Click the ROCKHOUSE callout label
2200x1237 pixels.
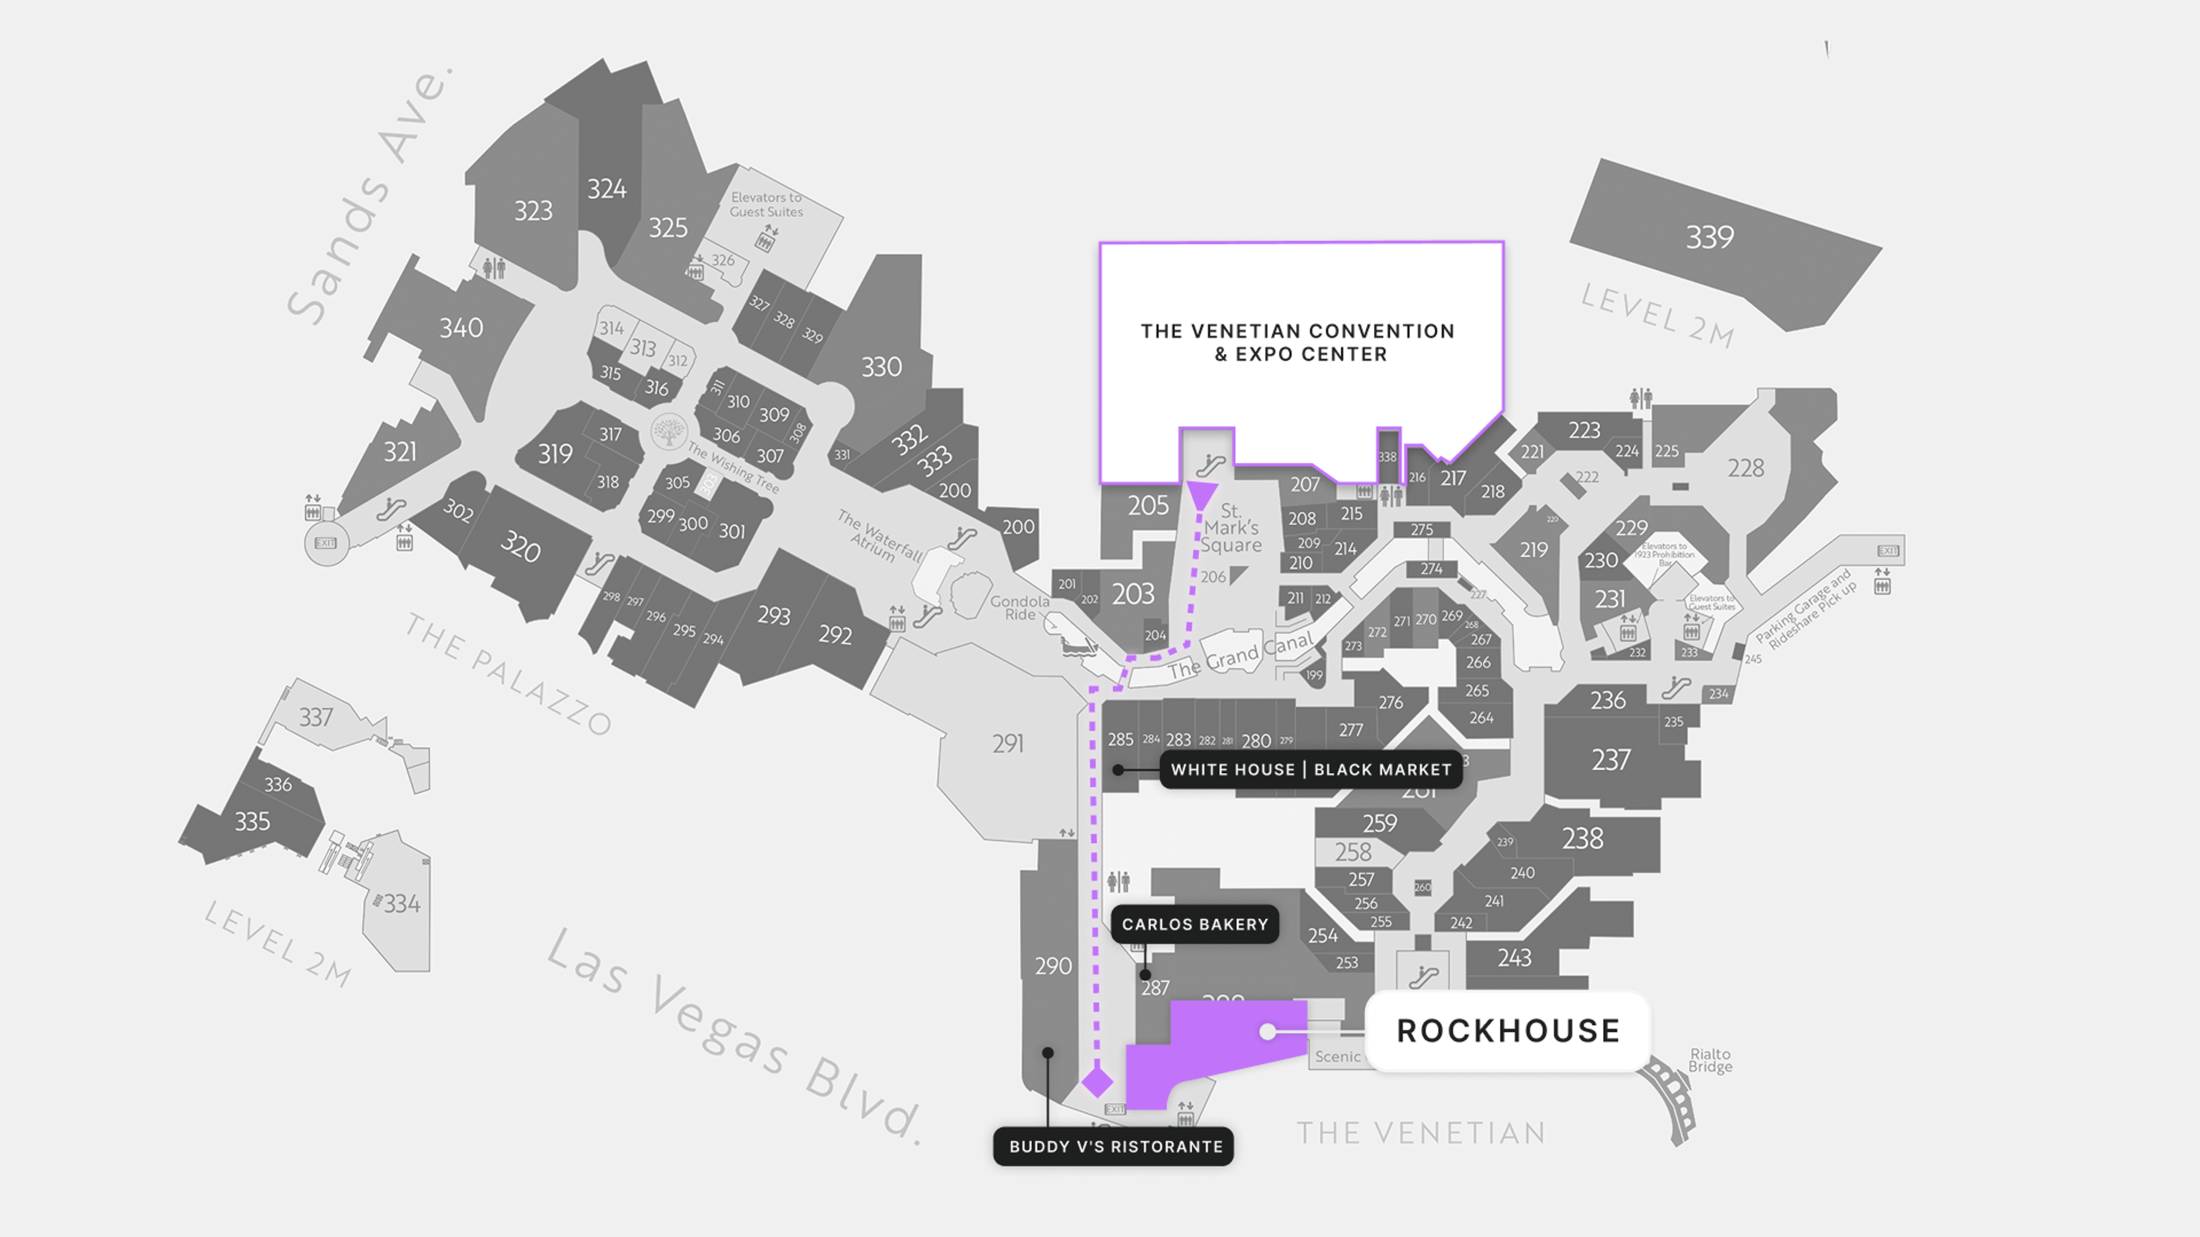pyautogui.click(x=1507, y=1030)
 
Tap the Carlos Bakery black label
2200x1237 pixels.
pyautogui.click(x=1194, y=924)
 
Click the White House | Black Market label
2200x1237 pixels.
pyautogui.click(x=1310, y=769)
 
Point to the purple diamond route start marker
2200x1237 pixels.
pyautogui.click(x=1098, y=1082)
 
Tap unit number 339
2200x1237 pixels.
pyautogui.click(x=1709, y=237)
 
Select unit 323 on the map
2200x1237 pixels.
pyautogui.click(x=533, y=210)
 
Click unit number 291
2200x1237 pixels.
pyautogui.click(x=1007, y=743)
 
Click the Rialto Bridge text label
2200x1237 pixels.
pyautogui.click(x=1710, y=1060)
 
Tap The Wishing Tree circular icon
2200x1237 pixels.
pyautogui.click(x=668, y=431)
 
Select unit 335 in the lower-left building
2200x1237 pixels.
pyautogui.click(x=252, y=821)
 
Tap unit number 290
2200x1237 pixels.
pyautogui.click(x=1052, y=966)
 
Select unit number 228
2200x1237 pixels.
pyautogui.click(x=1745, y=468)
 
